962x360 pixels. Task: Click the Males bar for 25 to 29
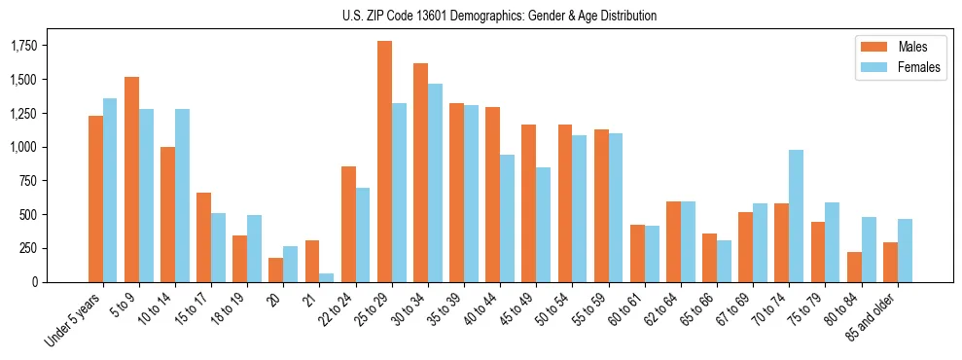[384, 162]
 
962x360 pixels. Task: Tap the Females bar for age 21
[327, 277]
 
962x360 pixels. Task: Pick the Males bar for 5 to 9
[131, 179]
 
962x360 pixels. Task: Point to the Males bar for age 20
[276, 270]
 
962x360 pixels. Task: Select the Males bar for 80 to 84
[854, 267]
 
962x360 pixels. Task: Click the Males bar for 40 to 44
[492, 195]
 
